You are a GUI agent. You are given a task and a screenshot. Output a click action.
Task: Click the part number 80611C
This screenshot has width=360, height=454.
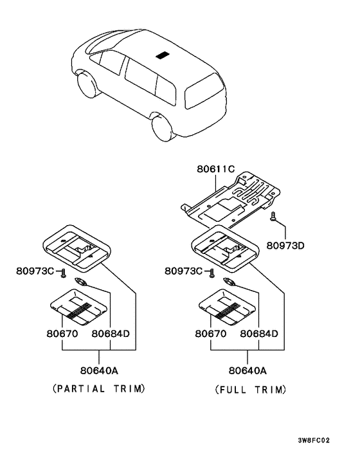216,168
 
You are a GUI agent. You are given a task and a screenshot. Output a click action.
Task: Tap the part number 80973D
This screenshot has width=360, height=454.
285,246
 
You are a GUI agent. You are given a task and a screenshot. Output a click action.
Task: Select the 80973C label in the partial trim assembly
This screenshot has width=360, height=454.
35,271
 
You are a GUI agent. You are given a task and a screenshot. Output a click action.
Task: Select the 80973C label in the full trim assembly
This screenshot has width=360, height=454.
183,271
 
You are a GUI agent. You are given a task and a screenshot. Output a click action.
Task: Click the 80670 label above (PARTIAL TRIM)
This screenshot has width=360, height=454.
62,334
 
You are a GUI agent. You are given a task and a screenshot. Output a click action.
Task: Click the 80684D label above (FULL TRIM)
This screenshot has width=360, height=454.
259,334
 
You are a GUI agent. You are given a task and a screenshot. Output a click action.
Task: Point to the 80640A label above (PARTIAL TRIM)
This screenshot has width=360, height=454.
99,370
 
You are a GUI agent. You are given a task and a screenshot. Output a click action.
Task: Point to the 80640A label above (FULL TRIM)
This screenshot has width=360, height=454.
248,370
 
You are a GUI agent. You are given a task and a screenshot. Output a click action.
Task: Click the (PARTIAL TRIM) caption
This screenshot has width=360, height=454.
99,388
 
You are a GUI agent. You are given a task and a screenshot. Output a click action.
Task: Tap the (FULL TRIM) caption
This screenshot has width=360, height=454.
251,390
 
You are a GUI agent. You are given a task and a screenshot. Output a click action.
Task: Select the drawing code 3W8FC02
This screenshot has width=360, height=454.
314,440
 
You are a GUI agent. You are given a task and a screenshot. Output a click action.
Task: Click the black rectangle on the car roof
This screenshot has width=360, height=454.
163,55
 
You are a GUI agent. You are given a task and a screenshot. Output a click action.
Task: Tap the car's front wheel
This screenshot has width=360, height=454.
87,84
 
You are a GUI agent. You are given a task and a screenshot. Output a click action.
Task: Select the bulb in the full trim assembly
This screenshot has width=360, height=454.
229,282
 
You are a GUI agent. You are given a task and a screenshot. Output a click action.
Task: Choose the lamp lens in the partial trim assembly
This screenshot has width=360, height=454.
78,307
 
